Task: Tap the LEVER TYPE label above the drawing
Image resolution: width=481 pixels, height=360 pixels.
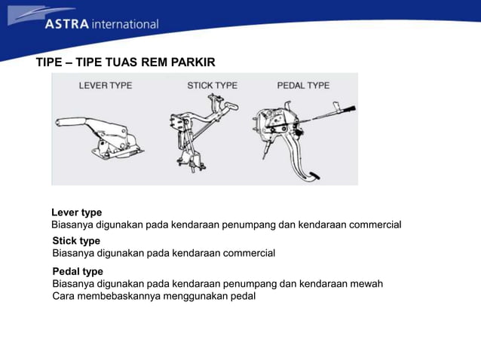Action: tap(106, 86)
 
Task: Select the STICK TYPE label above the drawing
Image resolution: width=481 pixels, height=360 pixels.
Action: tap(212, 86)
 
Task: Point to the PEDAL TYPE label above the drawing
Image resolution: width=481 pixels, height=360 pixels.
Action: tap(303, 86)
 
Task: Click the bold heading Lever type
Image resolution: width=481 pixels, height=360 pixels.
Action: tap(76, 212)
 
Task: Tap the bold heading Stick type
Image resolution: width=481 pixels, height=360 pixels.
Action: tap(76, 241)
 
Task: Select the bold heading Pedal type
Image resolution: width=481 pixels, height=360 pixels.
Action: tap(78, 271)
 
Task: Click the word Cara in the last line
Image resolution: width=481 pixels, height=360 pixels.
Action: tap(63, 296)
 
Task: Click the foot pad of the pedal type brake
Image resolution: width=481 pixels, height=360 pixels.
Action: tap(312, 176)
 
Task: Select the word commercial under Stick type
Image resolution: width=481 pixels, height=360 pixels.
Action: tap(249, 253)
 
